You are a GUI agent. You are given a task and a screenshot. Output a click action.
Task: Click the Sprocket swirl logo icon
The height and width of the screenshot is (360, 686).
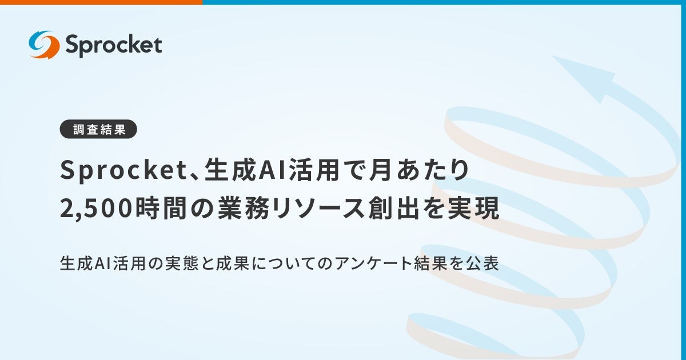tap(44, 45)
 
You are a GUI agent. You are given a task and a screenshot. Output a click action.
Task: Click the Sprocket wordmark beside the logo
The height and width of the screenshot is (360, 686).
tap(113, 45)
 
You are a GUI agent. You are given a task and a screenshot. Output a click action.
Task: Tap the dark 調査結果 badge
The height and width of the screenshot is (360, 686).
tap(99, 130)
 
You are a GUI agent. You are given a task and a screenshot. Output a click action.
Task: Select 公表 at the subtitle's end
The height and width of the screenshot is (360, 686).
tap(486, 264)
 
